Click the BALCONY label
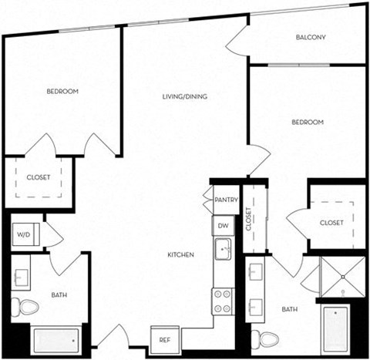(x=311, y=38)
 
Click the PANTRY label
(x=226, y=200)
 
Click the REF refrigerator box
(x=164, y=339)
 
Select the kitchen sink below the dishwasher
(x=224, y=249)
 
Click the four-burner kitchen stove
(x=223, y=300)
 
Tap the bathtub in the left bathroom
(x=55, y=338)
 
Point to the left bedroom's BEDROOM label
(x=62, y=92)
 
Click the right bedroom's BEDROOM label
(x=307, y=123)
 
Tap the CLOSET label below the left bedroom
(x=39, y=177)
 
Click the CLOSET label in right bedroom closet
(x=336, y=224)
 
